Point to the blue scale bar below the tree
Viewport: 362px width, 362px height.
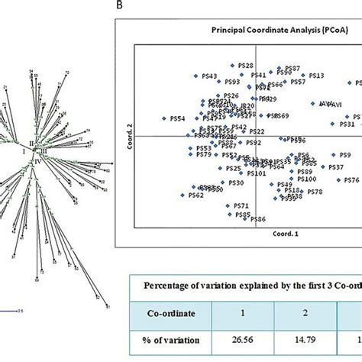pyautogui.click(x=11, y=311)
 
